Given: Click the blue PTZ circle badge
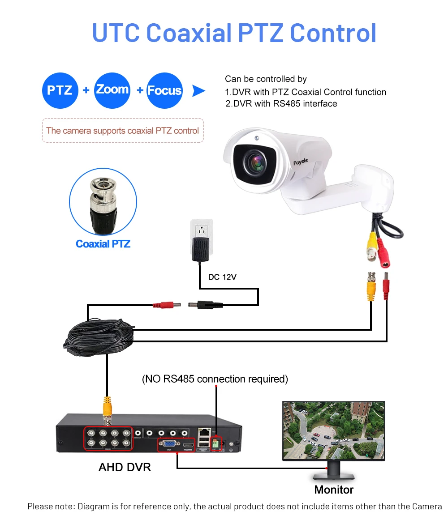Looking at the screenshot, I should point(60,90).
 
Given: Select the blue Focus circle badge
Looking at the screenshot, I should point(164,90).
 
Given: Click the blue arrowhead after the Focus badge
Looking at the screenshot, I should point(198,91).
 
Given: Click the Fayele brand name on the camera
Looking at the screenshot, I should point(301,162).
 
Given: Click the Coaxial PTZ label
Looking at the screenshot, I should point(103,244).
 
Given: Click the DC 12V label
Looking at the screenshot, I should point(222,277).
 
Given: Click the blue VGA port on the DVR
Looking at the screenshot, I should point(168,444).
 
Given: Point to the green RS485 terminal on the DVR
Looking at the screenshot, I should point(216,443).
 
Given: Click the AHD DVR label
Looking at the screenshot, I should point(125,468).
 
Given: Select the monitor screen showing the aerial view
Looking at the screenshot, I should point(334,430).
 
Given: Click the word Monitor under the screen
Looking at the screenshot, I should point(334,490).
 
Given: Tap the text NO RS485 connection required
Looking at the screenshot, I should point(215,379).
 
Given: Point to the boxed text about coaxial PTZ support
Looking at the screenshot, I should point(123,131).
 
